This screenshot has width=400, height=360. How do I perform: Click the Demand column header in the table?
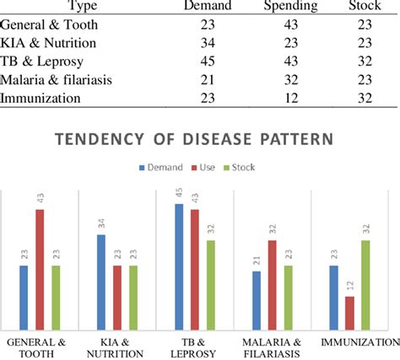pos(208,7)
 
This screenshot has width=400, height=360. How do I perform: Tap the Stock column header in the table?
pos(364,7)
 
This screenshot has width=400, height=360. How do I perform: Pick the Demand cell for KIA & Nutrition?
pos(208,42)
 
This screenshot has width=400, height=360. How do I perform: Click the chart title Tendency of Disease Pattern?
pos(200,138)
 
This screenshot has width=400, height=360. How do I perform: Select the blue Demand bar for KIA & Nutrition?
pos(101,282)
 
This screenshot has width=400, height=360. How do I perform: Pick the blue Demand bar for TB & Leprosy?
pos(179,266)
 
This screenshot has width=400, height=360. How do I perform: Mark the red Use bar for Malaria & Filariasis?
pos(272,284)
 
